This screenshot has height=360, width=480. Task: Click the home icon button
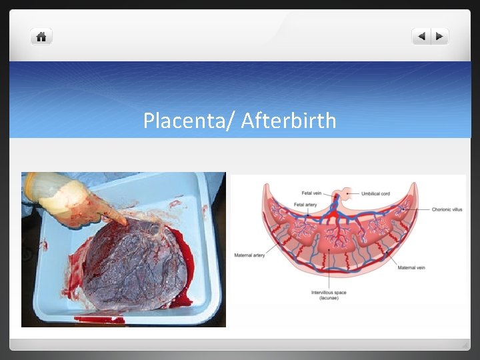[x=41, y=37]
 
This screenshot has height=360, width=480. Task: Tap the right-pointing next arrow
[x=441, y=37]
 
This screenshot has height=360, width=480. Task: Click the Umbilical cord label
[x=377, y=194]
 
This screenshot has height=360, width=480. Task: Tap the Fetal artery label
[x=305, y=205]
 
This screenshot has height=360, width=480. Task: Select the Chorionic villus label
[x=447, y=209]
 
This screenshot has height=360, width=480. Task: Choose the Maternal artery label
[x=249, y=255]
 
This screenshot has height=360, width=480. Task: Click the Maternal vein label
[x=412, y=268]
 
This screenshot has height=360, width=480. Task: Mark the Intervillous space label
[x=329, y=293]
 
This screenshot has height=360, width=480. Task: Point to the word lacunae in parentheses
[x=329, y=298]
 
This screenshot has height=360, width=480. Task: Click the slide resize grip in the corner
[x=465, y=345]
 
